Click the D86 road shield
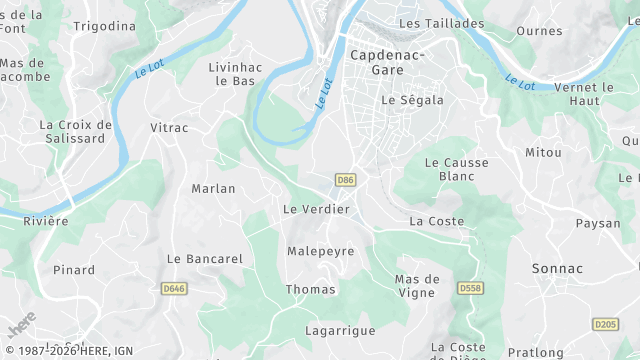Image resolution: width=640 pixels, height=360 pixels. pos(346,180)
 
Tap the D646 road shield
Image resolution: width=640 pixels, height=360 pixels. pos(174,289)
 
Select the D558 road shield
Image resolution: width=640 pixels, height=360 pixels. pos(470,288)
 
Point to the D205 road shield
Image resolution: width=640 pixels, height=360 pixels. pos(605,324)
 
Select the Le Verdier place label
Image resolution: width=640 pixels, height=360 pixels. pos(316,209)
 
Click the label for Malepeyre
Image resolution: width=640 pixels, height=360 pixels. pos(321,251)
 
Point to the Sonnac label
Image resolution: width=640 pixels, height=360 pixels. pos(558,269)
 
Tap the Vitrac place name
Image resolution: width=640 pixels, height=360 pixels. pos(168,128)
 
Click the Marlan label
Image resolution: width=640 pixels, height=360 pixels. pos(213,188)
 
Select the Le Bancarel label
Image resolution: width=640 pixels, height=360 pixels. pos(205,258)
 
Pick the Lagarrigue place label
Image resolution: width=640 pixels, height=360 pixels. pos(340,330)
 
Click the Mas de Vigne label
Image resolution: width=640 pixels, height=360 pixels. pos(417,285)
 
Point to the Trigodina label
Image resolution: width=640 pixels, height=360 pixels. pos(104,26)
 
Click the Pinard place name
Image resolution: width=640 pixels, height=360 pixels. pos(74,270)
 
